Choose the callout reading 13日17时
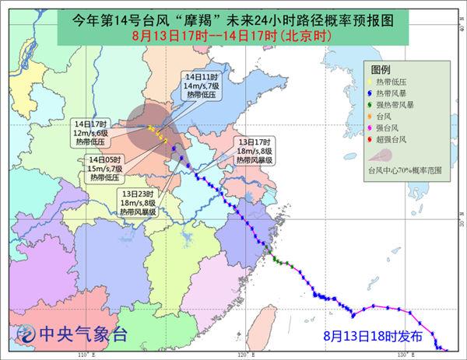(x=254, y=149)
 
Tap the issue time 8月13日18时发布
(x=373, y=337)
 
